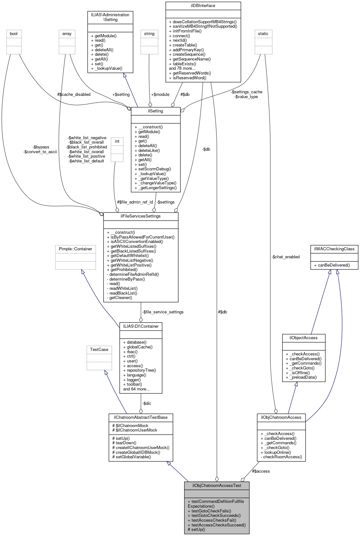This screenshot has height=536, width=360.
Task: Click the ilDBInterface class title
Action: tap(203, 6)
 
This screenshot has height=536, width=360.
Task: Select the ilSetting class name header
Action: tap(156, 111)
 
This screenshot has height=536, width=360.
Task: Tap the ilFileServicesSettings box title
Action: tap(141, 216)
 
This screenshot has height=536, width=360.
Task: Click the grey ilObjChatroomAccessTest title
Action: tap(217, 486)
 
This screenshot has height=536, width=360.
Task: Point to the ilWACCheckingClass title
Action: tap(334, 249)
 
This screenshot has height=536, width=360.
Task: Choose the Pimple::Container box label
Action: tap(75, 249)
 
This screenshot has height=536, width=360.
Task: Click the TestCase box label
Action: tap(99, 350)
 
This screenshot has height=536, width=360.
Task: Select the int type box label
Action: tap(117, 141)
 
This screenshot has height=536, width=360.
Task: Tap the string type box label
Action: tap(149, 34)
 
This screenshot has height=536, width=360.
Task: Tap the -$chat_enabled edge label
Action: tap(286, 257)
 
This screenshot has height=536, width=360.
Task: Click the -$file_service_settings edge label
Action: tap(163, 312)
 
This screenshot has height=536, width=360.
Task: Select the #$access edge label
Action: tap(261, 471)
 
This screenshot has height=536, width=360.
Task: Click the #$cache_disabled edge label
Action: tap(74, 95)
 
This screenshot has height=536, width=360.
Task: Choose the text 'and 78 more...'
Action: tap(182, 68)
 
